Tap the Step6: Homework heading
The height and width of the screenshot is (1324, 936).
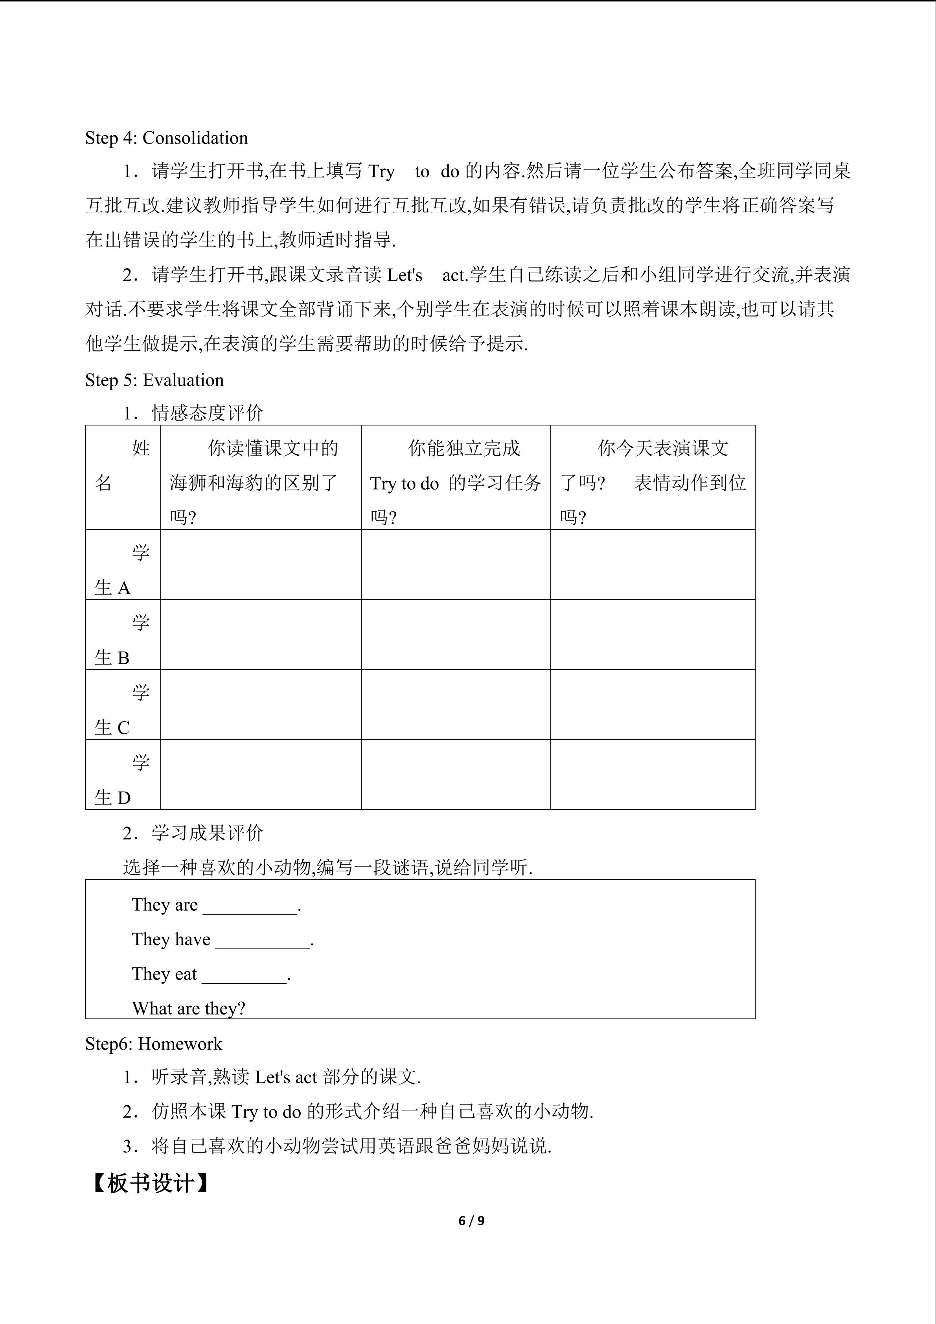(x=153, y=1044)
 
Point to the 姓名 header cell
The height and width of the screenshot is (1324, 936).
(x=122, y=465)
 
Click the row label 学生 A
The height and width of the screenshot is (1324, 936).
(x=122, y=570)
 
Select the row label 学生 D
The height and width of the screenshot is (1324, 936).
(x=122, y=780)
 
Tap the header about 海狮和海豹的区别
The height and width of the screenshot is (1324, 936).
(x=261, y=482)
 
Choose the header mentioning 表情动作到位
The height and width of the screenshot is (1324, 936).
(x=653, y=482)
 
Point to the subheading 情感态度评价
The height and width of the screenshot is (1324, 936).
(x=207, y=413)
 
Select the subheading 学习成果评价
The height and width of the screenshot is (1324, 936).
(x=207, y=833)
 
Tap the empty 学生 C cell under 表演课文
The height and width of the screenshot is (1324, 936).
(x=653, y=705)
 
